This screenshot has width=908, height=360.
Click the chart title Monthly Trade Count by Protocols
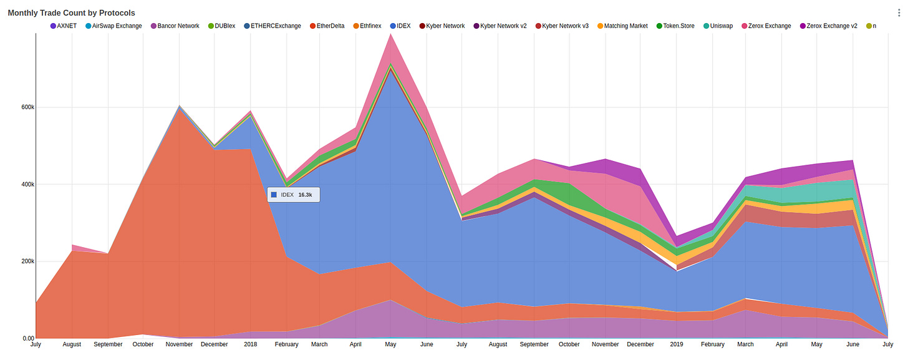coord(71,12)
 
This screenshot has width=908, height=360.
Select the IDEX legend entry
coord(403,26)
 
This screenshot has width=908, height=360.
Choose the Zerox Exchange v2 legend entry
coord(831,26)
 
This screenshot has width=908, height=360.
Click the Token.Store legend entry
coord(678,26)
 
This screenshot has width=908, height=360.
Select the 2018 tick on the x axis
coord(250,344)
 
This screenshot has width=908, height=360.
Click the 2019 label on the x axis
coord(677,344)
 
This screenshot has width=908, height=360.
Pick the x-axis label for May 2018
coord(391,344)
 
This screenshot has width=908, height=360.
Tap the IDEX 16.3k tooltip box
coord(294,195)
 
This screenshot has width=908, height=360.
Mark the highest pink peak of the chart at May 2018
coord(391,34)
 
